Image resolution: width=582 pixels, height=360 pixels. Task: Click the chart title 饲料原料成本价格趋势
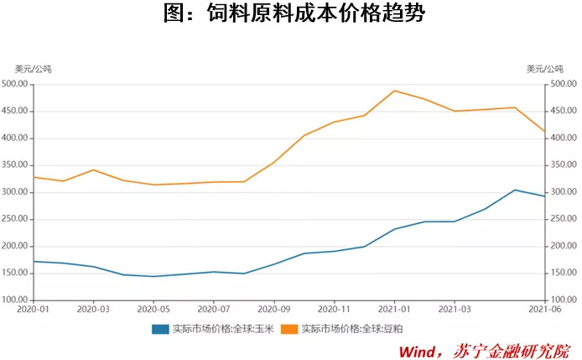pyautogui.click(x=291, y=15)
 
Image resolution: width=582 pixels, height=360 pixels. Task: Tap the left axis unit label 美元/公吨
pyautogui.click(x=33, y=69)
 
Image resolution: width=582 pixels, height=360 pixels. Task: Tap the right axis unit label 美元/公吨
pyautogui.click(x=546, y=69)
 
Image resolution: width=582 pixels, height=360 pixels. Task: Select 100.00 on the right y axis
pyautogui.click(x=561, y=300)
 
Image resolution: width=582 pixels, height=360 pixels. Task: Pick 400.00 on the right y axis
pyautogui.click(x=561, y=138)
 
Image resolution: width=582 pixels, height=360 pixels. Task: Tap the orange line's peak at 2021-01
pyautogui.click(x=394, y=91)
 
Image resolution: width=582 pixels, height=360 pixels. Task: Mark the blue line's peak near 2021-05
pyautogui.click(x=515, y=190)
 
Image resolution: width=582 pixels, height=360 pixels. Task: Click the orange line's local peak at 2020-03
pyautogui.click(x=93, y=170)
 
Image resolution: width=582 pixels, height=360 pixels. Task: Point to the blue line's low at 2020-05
pyautogui.click(x=153, y=276)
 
